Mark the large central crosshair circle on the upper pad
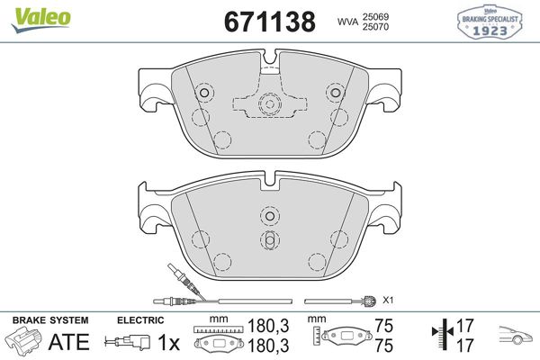pyautogui.click(x=269, y=104)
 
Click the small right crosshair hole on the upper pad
pyautogui.click(x=335, y=93)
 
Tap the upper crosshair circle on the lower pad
pyautogui.click(x=269, y=215)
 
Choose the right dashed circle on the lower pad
pyautogui.click(x=339, y=238)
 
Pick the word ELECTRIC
pyautogui.click(x=140, y=320)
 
